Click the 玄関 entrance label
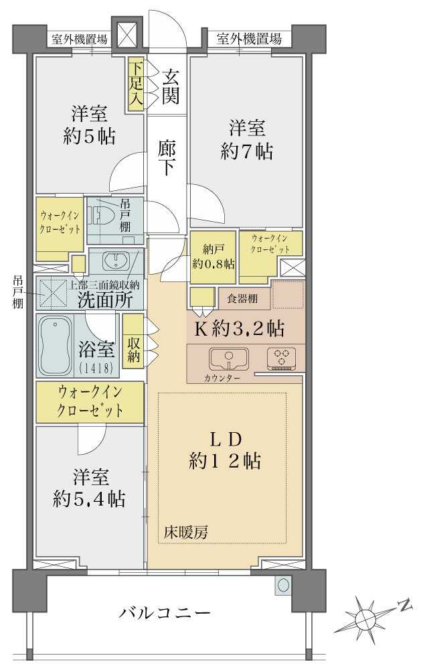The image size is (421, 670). coord(169,86)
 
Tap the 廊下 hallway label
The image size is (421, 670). coord(167,157)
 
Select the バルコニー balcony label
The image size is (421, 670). coord(165,612)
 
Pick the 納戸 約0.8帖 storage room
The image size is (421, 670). coord(213,255)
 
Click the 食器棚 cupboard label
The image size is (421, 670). coord(244,297)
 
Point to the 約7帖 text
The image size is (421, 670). coord(246,152)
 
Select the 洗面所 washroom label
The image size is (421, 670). coord(104,299)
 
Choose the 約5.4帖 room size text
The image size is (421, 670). coord(90,498)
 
